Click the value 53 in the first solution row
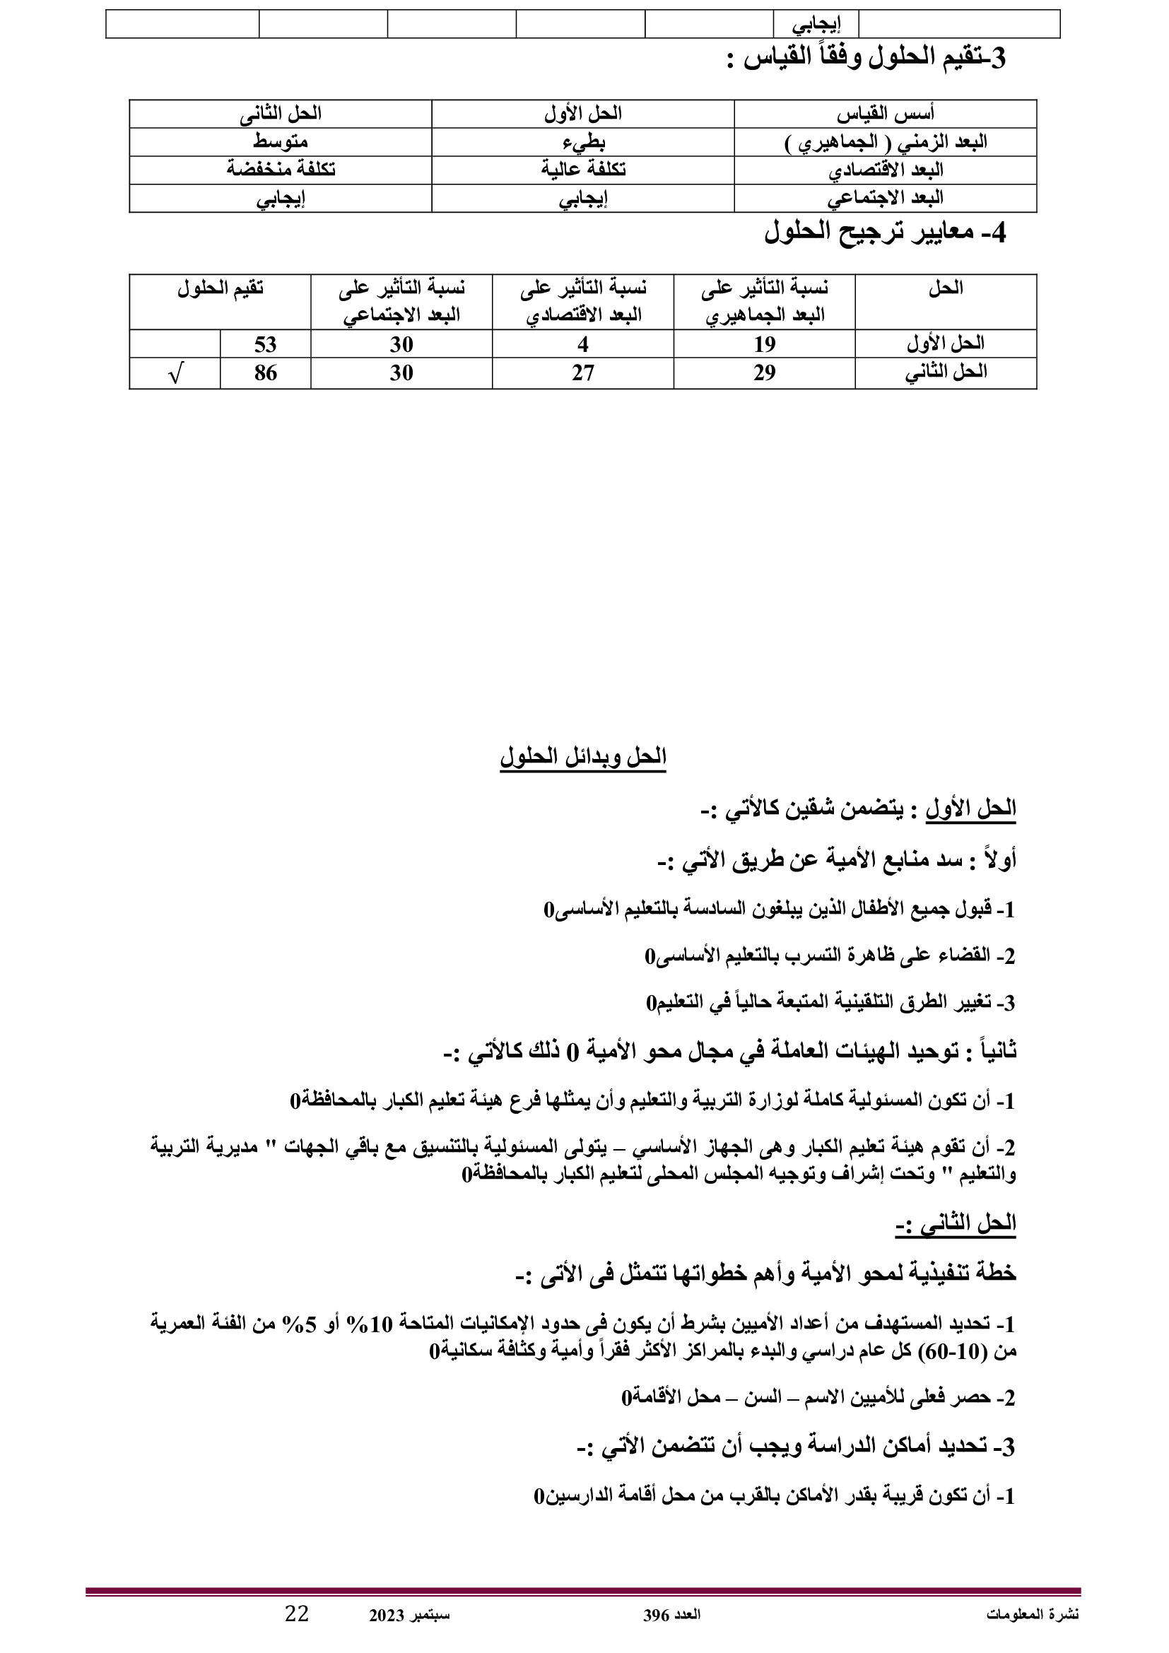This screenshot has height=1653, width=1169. tap(265, 344)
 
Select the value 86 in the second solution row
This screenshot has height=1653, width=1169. tap(265, 373)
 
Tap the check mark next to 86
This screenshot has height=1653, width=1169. tap(174, 374)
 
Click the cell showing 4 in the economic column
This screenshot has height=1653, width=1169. tap(583, 344)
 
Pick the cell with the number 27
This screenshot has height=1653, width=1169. tap(583, 373)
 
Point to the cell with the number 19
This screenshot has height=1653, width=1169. tap(765, 344)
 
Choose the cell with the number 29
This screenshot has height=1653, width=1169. tap(765, 373)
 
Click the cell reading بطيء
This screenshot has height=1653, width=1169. tap(583, 142)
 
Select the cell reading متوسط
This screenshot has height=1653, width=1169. tap(281, 142)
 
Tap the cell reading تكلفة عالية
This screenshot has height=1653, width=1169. tap(583, 169)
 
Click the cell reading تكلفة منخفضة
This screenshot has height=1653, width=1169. tap(281, 169)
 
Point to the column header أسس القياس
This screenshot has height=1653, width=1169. tap(886, 114)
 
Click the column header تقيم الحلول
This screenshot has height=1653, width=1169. tap(221, 289)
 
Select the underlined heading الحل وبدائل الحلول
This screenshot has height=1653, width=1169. tap(583, 758)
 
